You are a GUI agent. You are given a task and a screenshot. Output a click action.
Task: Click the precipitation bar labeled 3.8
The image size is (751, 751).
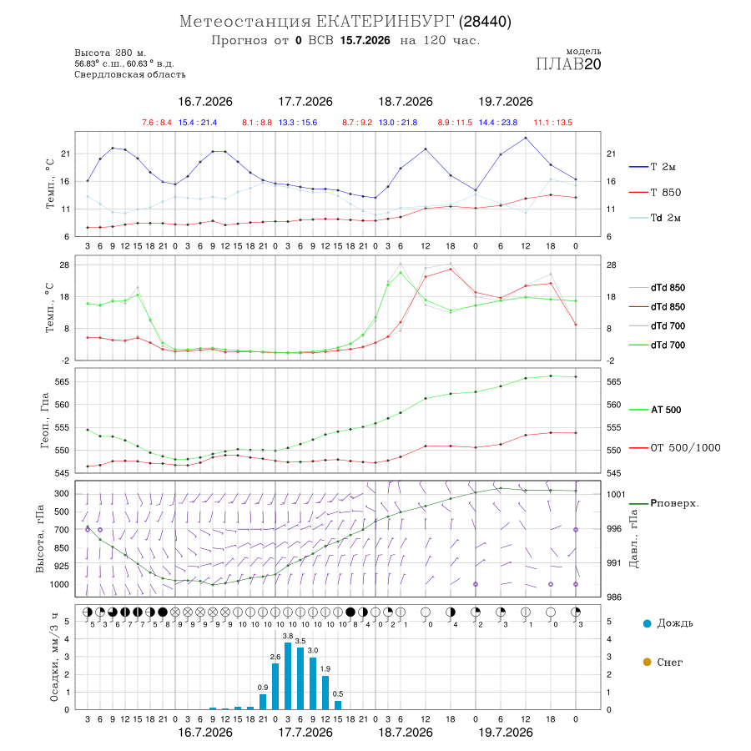tap(288, 676)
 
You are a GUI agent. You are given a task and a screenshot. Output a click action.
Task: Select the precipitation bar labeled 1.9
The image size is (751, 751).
tap(325, 693)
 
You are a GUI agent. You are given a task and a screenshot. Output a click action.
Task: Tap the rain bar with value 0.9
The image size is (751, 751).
tap(263, 702)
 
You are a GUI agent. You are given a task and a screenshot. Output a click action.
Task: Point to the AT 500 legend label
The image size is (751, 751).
tap(666, 410)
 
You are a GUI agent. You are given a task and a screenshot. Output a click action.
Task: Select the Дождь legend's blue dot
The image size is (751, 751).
tap(647, 623)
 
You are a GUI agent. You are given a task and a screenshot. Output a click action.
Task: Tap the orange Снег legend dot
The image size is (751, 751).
tap(647, 662)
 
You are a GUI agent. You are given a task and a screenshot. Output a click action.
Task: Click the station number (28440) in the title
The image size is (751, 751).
tap(485, 22)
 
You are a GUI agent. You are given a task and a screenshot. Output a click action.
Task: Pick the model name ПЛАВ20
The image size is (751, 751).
tap(568, 64)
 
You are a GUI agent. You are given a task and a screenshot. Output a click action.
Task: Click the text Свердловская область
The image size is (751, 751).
tap(130, 74)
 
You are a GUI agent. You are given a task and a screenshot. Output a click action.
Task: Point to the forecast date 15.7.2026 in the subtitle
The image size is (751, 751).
tap(365, 40)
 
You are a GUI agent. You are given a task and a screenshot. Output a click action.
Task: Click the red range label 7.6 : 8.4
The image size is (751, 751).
tap(157, 123)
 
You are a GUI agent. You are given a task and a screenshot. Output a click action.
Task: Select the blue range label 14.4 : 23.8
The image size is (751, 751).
tap(498, 123)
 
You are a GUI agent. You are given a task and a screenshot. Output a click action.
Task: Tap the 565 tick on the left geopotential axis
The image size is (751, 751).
tap(63, 381)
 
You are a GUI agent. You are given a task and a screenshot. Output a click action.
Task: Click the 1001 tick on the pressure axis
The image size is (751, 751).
tap(616, 494)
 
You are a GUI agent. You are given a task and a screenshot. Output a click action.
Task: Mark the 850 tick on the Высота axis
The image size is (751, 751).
tap(62, 548)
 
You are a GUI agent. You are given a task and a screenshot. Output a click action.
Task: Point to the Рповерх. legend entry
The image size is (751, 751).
tap(674, 503)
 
